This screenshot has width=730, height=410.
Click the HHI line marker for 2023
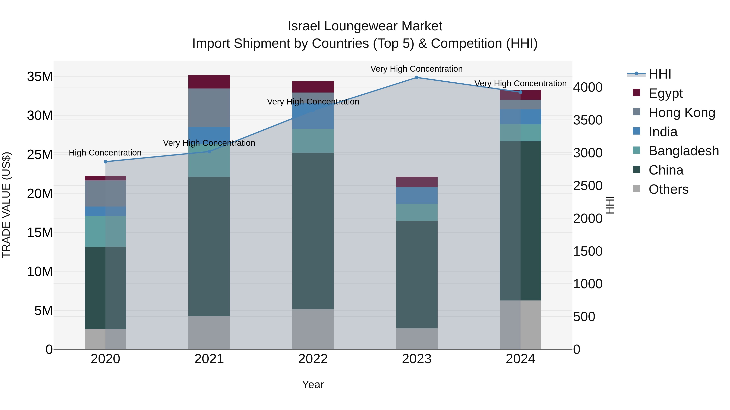(x=417, y=78)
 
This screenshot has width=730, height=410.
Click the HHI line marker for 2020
(x=105, y=162)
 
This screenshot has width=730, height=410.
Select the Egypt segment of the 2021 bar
(x=209, y=82)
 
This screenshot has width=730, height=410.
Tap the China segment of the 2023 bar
(x=417, y=275)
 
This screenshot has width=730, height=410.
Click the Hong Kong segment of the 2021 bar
(x=209, y=108)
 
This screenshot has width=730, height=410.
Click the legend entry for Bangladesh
(x=683, y=151)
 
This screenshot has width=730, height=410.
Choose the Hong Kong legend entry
(x=682, y=113)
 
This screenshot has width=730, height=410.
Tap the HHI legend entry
(x=659, y=74)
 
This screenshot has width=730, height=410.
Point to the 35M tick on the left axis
(x=40, y=77)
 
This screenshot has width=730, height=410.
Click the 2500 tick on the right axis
(x=587, y=186)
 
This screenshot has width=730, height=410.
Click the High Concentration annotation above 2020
(x=105, y=153)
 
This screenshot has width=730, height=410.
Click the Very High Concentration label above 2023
(x=416, y=69)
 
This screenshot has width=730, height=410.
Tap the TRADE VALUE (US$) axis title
(x=6, y=205)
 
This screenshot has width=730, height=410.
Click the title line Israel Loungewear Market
(x=365, y=26)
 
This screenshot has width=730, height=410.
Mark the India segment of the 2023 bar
(x=417, y=196)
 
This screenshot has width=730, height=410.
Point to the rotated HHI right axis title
(x=610, y=205)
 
